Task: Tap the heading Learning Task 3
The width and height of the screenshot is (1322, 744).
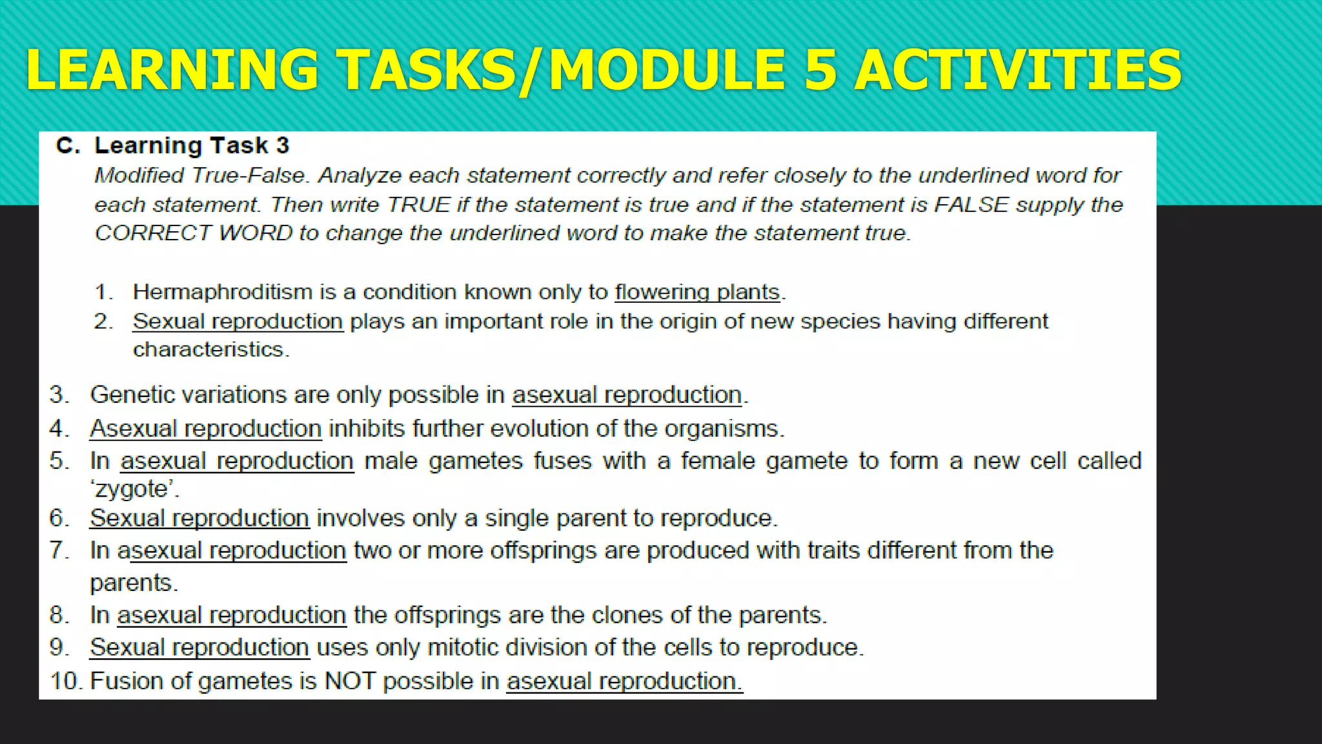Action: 192,146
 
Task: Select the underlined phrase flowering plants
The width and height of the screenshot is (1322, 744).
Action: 697,293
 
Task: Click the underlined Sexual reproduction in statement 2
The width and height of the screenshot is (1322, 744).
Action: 238,322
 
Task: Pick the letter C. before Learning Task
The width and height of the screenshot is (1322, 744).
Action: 68,146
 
